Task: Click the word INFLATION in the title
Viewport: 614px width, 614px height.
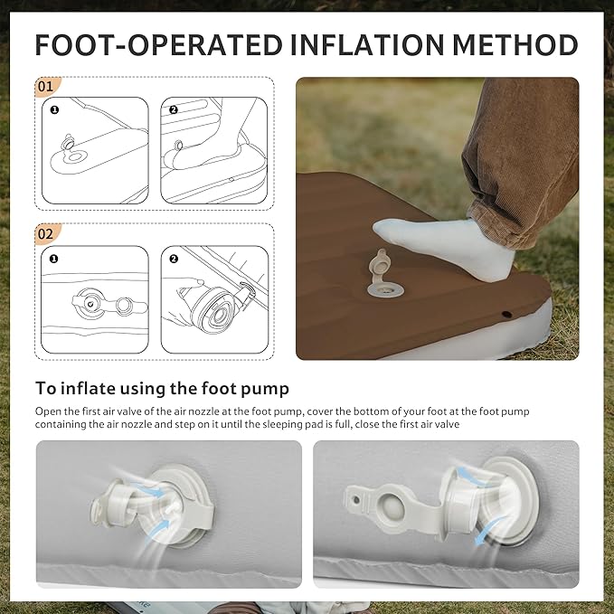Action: [367, 44]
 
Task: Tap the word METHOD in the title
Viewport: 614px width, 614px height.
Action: [515, 44]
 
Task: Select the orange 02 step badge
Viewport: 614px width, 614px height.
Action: [47, 234]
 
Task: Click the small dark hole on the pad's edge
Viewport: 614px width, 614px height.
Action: [506, 314]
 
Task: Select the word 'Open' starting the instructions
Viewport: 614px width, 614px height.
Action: [45, 412]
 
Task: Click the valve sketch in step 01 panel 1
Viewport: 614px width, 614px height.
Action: [69, 143]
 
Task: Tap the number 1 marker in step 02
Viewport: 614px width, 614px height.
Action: [54, 259]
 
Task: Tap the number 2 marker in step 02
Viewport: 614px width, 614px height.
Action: [174, 259]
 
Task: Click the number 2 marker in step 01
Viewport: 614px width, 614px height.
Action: [174, 110]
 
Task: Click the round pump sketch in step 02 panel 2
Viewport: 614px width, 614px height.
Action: [213, 310]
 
